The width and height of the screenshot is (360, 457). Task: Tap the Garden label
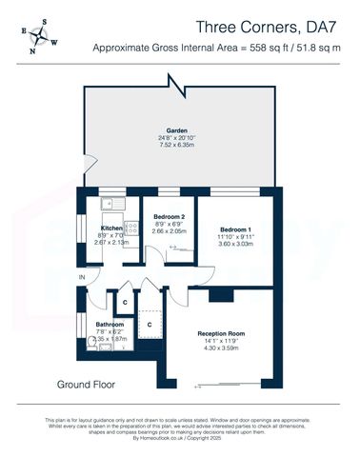pos(177,130)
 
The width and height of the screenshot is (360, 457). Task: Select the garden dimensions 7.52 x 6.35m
pos(177,146)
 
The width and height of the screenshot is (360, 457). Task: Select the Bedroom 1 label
pos(236,230)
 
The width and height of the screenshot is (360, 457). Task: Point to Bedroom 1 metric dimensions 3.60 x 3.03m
pos(236,246)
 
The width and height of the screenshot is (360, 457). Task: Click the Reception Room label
pos(221,334)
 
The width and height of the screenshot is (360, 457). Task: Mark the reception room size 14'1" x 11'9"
pos(221,342)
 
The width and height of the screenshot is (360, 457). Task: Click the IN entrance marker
pos(82,277)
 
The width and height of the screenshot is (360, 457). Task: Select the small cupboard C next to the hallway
pos(125,303)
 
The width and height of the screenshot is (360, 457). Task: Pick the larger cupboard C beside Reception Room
pos(150,325)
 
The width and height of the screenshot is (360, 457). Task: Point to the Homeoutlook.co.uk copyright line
pos(180,438)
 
